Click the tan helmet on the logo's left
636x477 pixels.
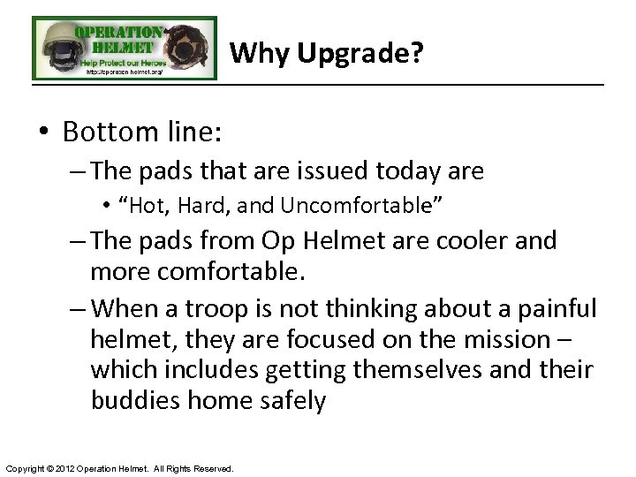click(x=55, y=44)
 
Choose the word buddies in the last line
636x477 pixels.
click(x=134, y=401)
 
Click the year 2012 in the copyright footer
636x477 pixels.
click(x=72, y=468)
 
